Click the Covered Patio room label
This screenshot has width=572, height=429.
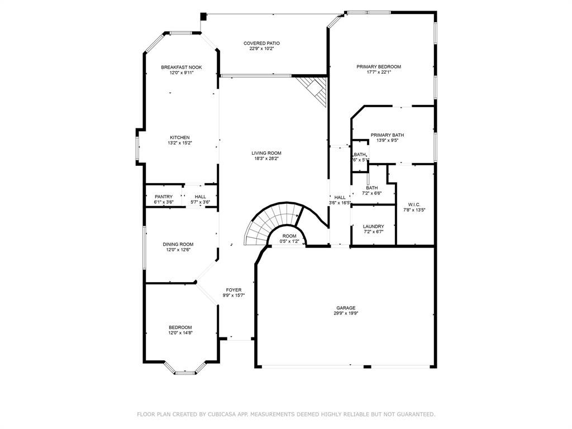pos(261,43)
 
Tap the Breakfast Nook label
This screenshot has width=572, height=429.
pos(181,67)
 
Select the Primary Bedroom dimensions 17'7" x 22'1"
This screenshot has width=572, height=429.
pos(379,72)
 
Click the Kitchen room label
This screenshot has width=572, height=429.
pos(180,137)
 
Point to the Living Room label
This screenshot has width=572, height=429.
pos(266,153)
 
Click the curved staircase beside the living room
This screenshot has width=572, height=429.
pos(268,221)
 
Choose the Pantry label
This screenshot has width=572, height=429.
pos(164,197)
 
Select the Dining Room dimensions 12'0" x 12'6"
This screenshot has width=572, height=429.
pos(178,250)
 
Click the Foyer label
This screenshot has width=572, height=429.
pos(233,290)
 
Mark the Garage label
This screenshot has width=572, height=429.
pos(346,308)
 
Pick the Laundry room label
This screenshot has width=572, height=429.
pos(373,226)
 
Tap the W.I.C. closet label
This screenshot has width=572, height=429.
pos(414,204)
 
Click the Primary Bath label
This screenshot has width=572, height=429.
pos(387,135)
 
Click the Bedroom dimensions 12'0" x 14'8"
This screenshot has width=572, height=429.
pos(180,333)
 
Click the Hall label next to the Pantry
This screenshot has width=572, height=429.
pos(201,197)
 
